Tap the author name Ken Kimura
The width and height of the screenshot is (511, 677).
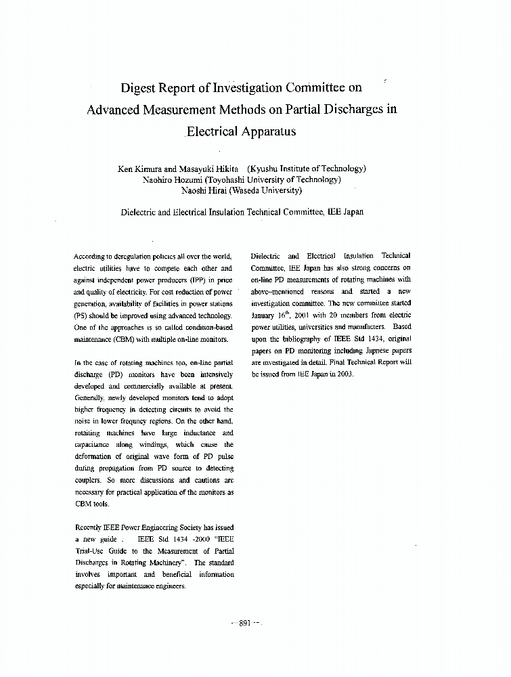(x=140, y=169)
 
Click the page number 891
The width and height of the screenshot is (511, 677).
(x=245, y=624)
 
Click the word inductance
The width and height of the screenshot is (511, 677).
(x=197, y=433)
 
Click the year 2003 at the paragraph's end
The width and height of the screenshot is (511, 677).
(x=344, y=374)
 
